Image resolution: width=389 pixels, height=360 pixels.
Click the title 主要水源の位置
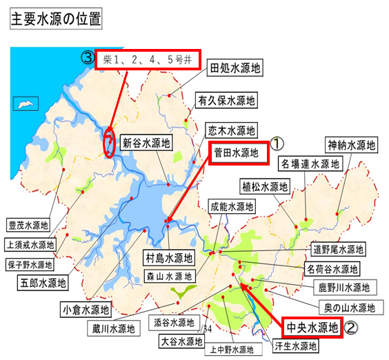[x=55, y=19]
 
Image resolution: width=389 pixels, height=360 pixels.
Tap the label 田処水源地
[x=235, y=68]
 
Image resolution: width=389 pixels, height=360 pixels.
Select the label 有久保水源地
[x=226, y=100]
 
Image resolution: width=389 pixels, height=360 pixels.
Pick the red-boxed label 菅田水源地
[x=239, y=153]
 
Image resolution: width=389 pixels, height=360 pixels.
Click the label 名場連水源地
[x=310, y=164]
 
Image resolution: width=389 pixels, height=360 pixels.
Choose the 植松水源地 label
[x=264, y=186]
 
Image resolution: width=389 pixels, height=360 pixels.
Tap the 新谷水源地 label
[x=146, y=144]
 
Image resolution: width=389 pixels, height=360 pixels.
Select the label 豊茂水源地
[x=28, y=225]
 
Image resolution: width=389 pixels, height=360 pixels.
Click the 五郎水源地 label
[x=43, y=281]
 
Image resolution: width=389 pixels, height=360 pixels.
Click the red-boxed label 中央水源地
[x=312, y=328]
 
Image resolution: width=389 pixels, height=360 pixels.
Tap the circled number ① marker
[x=276, y=143]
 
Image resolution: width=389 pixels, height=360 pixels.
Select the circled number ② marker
[x=351, y=329]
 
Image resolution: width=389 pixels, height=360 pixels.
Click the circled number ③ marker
[x=88, y=57]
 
